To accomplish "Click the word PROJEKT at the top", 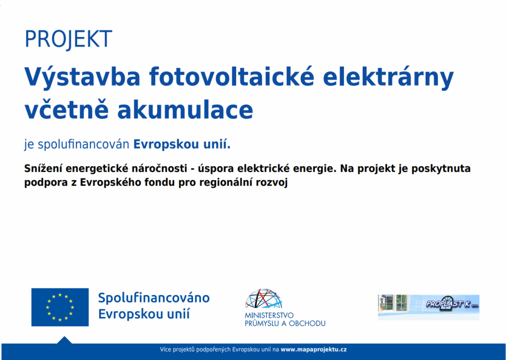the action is tap(68, 40).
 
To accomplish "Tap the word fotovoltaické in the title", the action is tap(232, 78).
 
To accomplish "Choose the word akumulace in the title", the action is tap(185, 109).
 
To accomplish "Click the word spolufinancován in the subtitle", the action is tap(84, 145).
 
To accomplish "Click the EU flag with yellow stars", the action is tap(60, 307).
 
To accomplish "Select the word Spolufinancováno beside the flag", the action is tap(154, 298).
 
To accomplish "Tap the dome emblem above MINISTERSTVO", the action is tap(264, 298).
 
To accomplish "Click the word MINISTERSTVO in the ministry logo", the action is tap(269, 316).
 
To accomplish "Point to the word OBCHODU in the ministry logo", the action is tap(307, 323).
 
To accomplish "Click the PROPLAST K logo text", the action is tap(452, 304).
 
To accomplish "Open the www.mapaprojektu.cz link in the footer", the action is tap(314, 349).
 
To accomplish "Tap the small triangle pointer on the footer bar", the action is tap(65, 340).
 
